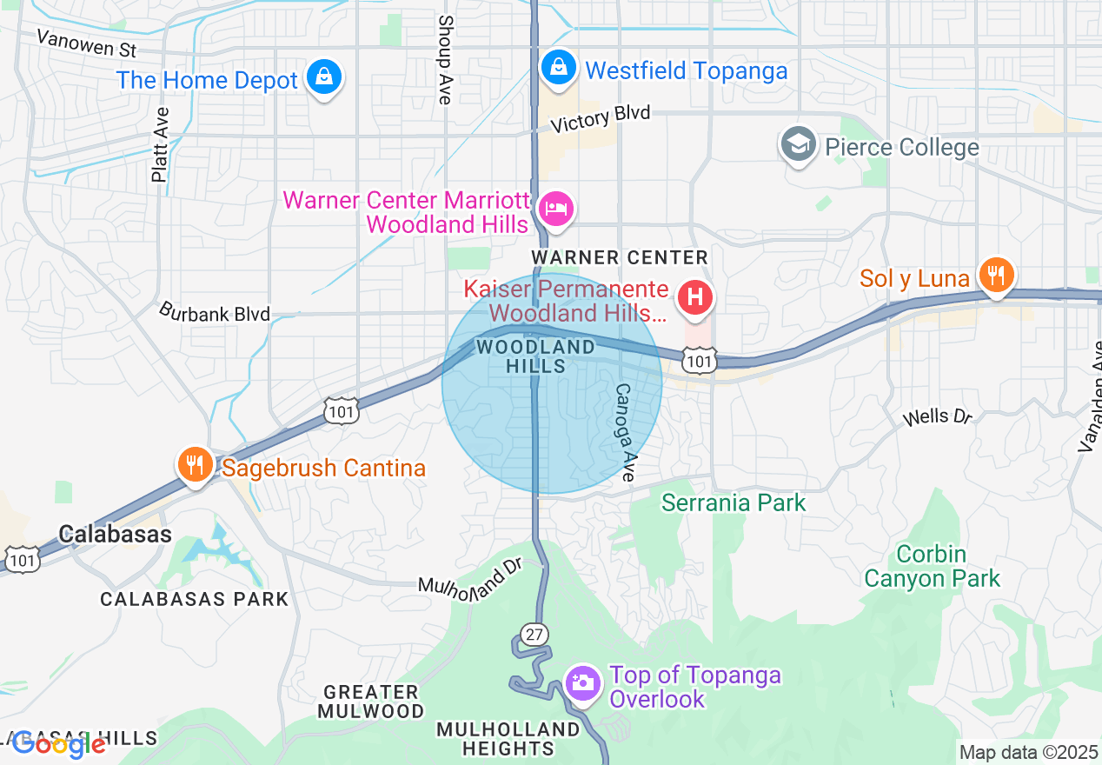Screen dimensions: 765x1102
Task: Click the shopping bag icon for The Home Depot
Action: click(x=324, y=78)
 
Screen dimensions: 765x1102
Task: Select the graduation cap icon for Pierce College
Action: click(x=797, y=144)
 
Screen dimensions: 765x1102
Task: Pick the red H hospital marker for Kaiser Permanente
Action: click(x=695, y=297)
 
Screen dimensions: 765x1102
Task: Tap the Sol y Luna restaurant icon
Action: click(x=996, y=276)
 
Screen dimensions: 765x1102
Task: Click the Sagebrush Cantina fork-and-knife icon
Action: click(x=196, y=465)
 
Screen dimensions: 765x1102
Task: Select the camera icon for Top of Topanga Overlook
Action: click(x=582, y=682)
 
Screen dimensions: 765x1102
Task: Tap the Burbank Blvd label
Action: click(x=214, y=313)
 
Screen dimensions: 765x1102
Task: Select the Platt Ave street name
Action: click(x=159, y=144)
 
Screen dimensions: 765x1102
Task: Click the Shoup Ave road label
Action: click(x=445, y=59)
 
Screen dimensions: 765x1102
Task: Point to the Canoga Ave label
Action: click(x=625, y=432)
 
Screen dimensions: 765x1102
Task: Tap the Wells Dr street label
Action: click(x=937, y=417)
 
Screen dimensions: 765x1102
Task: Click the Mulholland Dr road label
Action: click(x=469, y=577)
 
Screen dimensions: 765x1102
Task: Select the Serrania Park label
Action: click(x=734, y=502)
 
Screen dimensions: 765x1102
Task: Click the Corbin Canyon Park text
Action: click(x=932, y=566)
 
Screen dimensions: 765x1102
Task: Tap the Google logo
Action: click(x=58, y=744)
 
